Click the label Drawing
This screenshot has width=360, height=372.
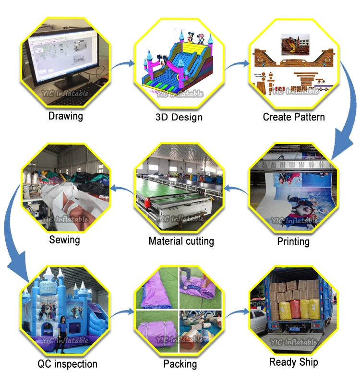pyautogui.click(x=65, y=116)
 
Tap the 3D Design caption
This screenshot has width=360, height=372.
pyautogui.click(x=179, y=117)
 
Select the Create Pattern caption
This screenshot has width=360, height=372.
pyautogui.click(x=294, y=117)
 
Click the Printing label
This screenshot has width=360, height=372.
pyautogui.click(x=293, y=241)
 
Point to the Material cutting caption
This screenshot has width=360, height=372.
pyautogui.click(x=181, y=241)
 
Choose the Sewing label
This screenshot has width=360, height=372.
pyautogui.click(x=64, y=239)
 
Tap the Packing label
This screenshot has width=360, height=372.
pyautogui.click(x=180, y=364)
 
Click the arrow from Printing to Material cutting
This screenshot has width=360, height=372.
pyautogui.click(x=236, y=188)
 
